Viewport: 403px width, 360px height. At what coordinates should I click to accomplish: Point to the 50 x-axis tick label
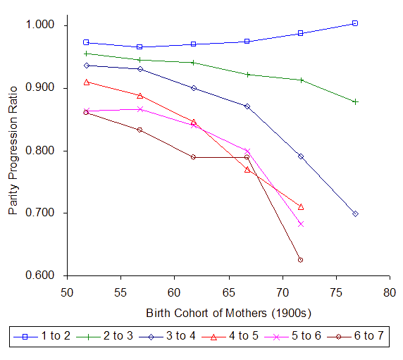[x=66, y=290]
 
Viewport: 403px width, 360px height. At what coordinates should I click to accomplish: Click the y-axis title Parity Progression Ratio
[x=13, y=150]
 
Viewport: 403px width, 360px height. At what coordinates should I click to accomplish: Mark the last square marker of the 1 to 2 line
[x=355, y=23]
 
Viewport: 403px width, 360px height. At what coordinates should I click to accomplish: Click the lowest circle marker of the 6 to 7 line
[x=301, y=260]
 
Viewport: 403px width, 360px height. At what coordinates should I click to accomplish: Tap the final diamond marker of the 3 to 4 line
[x=355, y=213]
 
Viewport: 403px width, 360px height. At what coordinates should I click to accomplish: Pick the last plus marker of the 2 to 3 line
[x=355, y=101]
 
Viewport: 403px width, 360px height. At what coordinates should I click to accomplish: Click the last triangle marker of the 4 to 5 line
[x=301, y=206]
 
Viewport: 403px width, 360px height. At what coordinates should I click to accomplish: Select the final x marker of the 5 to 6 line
[x=301, y=224]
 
